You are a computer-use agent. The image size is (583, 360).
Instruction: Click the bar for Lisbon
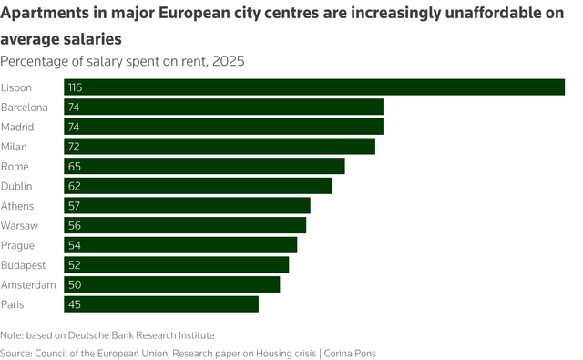[314, 87]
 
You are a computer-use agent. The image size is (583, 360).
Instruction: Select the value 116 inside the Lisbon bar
[76, 87]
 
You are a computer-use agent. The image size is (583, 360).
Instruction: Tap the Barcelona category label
[25, 107]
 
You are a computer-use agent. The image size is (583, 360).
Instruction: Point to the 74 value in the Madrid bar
[74, 127]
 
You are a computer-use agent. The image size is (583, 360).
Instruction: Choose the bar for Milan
[220, 146]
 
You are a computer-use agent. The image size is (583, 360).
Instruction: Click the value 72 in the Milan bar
[74, 146]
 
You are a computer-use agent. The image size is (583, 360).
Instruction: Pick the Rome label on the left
[15, 166]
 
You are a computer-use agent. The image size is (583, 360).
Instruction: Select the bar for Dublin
[198, 186]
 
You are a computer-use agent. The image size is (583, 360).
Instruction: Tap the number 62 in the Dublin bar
[74, 186]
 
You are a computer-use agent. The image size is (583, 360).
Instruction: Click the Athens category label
[18, 205]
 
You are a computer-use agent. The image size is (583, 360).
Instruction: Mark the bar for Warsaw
[185, 225]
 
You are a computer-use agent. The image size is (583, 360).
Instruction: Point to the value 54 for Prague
[74, 245]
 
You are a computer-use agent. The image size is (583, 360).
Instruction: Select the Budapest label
[24, 264]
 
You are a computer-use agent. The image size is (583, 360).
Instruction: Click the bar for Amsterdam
[171, 284]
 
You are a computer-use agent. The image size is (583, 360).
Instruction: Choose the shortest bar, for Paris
[161, 304]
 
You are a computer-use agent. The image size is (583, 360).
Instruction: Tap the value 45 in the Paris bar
[74, 304]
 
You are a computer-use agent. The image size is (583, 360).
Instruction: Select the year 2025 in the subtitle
[228, 61]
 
